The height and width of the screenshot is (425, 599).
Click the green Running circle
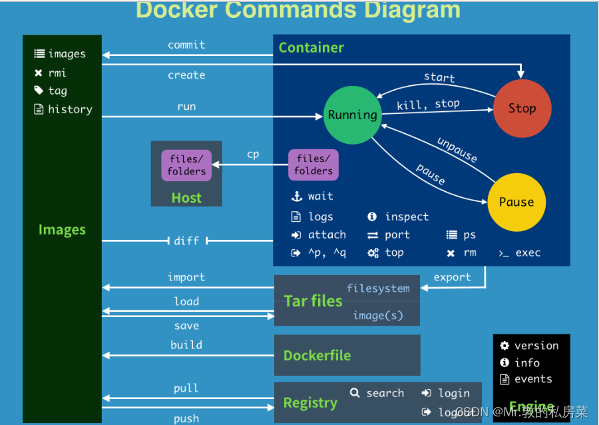(352, 115)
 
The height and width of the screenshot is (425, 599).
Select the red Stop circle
(522, 108)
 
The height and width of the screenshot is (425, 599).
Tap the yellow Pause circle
(516, 202)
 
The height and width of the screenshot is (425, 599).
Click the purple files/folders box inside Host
(186, 165)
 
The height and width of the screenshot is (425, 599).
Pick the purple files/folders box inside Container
(313, 165)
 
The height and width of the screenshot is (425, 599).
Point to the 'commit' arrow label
(186, 45)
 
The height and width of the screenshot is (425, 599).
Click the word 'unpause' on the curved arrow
(457, 150)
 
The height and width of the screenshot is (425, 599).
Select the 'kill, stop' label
(428, 105)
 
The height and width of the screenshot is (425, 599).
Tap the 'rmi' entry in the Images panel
(57, 73)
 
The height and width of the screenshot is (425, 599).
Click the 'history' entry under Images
(70, 109)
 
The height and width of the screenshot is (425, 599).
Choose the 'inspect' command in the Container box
(407, 216)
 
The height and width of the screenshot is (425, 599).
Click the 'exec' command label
(528, 252)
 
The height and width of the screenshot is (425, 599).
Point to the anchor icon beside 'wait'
(297, 197)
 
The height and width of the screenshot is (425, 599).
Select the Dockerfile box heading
(317, 355)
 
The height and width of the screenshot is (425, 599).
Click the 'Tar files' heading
(313, 301)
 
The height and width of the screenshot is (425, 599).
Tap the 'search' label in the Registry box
(385, 393)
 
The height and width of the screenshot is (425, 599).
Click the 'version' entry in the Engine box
(536, 345)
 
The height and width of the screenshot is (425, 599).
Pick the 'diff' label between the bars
(186, 240)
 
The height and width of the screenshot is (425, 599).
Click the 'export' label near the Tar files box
(452, 277)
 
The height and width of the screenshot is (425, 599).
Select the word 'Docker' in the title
(176, 10)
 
